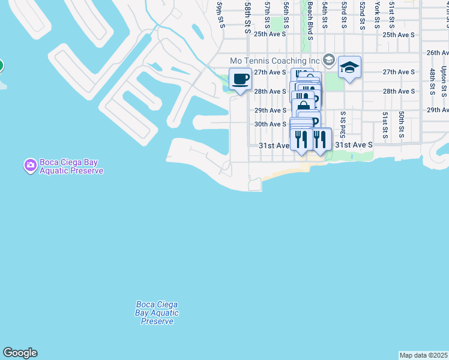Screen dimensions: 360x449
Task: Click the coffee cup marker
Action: [x=240, y=79]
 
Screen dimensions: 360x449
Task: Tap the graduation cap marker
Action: [x=349, y=67]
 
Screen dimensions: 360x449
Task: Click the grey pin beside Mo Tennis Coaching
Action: [x=329, y=59]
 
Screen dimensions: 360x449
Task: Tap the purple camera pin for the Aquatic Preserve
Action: [x=30, y=164]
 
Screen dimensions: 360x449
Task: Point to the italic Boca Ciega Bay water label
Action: [x=157, y=313]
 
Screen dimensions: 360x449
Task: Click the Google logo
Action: [x=20, y=353]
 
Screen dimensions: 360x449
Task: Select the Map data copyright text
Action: [x=424, y=355]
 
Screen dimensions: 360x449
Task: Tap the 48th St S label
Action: [x=432, y=82]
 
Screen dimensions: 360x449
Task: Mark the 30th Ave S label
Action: [x=270, y=124]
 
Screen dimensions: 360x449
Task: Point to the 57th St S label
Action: [x=267, y=15]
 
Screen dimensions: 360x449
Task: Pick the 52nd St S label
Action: [x=362, y=15]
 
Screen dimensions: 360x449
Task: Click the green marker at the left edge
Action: [x=1, y=65]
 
